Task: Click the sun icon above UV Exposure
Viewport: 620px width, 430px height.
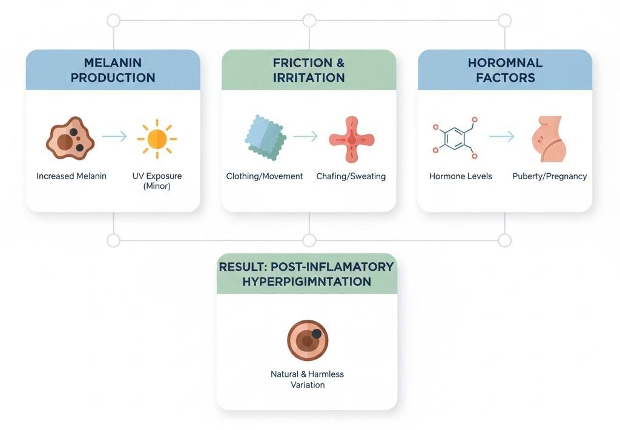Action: [x=157, y=139]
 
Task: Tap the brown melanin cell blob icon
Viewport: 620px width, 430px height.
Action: [x=70, y=137]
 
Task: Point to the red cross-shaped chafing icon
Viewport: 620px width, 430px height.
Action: [x=352, y=139]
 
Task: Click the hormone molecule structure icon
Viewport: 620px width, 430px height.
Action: [x=453, y=138]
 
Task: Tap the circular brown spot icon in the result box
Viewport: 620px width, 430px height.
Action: [x=308, y=340]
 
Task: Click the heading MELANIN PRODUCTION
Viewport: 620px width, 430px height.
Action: [x=113, y=70]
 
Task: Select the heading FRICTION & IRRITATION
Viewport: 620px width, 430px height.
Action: [x=309, y=70]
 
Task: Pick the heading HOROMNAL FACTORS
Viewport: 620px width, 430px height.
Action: [x=505, y=70]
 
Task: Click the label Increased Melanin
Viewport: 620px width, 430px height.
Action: [x=71, y=176]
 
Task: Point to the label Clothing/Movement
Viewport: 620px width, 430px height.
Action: [x=265, y=176]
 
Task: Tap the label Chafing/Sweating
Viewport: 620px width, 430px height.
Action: [x=351, y=176]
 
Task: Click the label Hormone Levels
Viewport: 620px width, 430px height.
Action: [x=461, y=176]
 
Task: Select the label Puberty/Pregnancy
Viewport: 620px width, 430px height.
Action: [x=550, y=176]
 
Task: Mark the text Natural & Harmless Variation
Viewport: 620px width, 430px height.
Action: [x=307, y=380]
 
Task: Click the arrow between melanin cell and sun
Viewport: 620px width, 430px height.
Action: [x=114, y=137]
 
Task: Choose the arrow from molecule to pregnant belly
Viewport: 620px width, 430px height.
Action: [x=501, y=137]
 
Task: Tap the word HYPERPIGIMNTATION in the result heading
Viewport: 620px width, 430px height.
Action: [x=307, y=282]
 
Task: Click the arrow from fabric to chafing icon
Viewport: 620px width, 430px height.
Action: [x=305, y=137]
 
